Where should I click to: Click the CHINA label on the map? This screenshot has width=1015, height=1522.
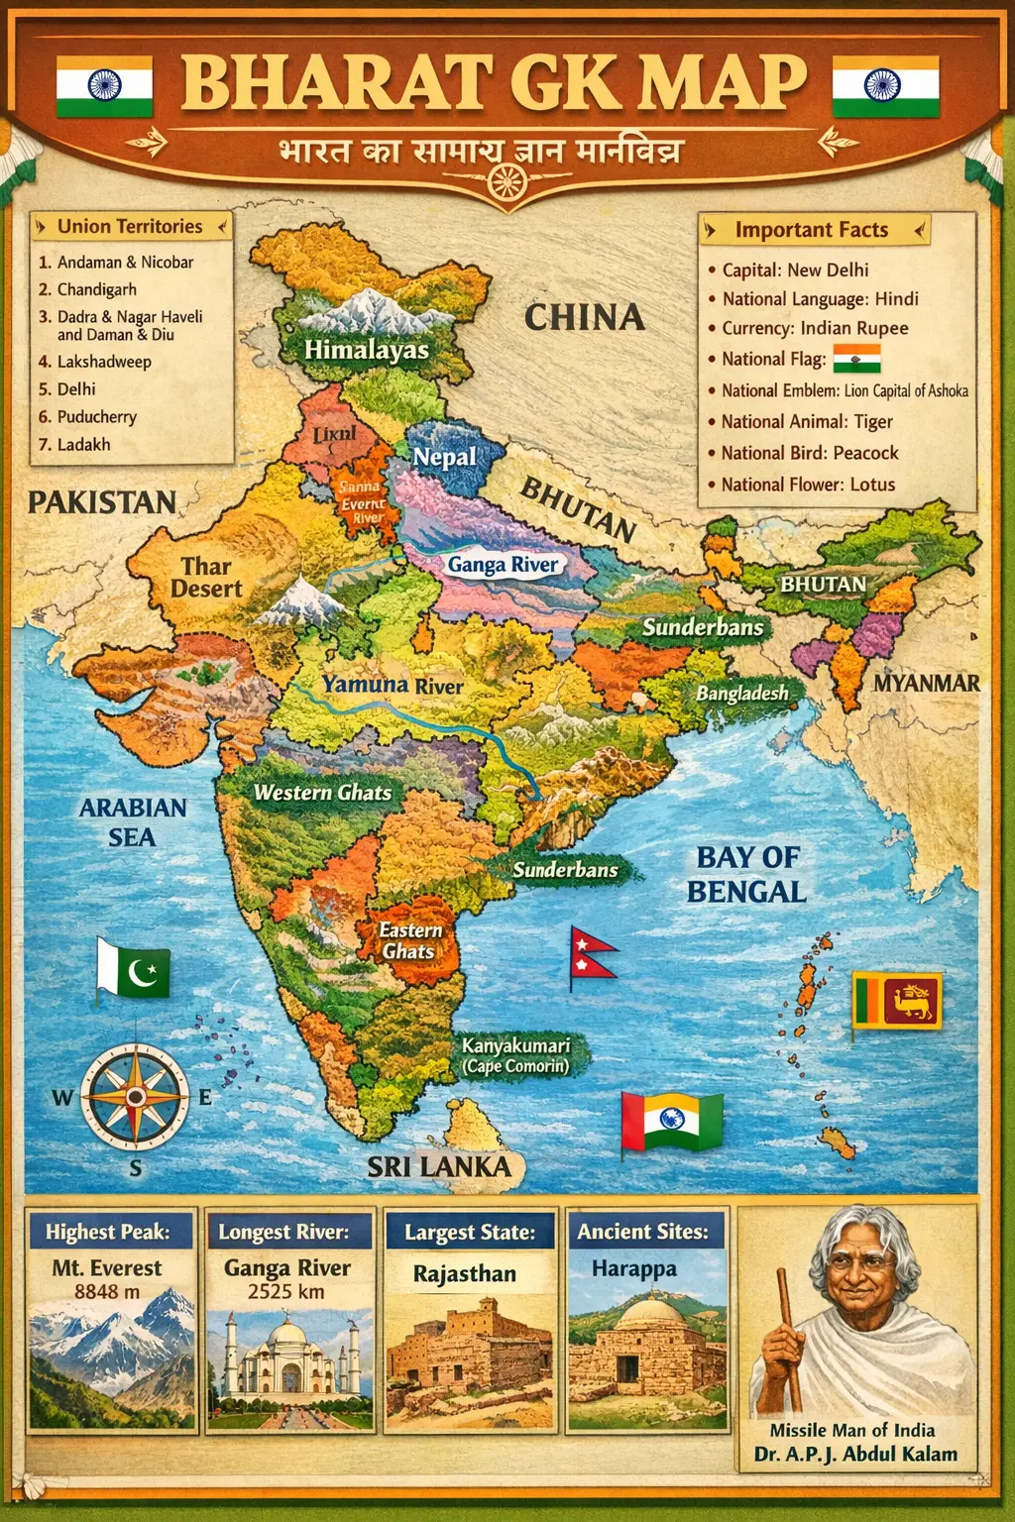(x=584, y=318)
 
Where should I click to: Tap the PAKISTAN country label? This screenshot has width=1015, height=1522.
(x=101, y=502)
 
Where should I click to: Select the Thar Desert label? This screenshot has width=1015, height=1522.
(x=206, y=578)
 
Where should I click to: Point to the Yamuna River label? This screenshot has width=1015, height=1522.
(x=392, y=685)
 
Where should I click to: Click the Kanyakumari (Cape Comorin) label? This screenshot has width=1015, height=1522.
(x=515, y=1055)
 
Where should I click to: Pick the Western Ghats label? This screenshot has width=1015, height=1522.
(x=322, y=793)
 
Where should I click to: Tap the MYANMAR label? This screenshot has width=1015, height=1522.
(x=926, y=683)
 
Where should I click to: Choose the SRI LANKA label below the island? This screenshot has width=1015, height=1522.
(x=439, y=1167)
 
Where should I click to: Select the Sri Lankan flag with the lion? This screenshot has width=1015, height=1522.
(x=898, y=1001)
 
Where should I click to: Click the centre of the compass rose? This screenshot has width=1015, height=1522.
(x=135, y=1097)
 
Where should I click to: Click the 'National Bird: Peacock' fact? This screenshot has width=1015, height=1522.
(x=809, y=453)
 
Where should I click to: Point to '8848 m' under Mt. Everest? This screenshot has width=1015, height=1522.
(x=107, y=1292)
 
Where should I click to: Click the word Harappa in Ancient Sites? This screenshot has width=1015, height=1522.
(x=634, y=1269)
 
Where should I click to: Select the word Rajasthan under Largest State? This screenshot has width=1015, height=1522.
(x=464, y=1274)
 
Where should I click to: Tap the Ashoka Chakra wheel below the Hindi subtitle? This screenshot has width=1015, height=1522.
(x=507, y=181)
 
